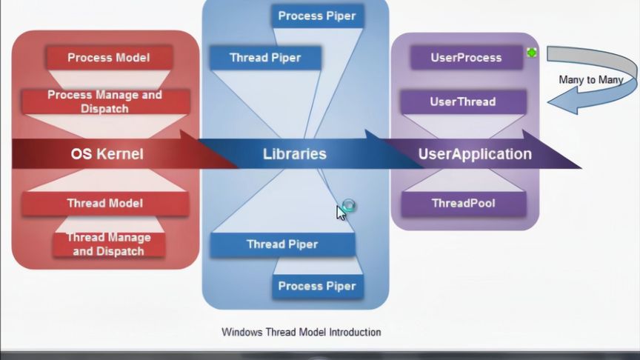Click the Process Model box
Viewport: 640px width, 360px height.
(x=109, y=57)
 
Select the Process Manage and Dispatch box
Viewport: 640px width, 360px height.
(x=104, y=102)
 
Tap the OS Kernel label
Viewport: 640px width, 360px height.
(x=107, y=154)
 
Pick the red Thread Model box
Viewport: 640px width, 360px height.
(x=104, y=203)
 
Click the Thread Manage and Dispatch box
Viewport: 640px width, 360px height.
(x=109, y=244)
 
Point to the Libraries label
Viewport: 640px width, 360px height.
(x=295, y=154)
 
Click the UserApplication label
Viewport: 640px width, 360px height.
(x=475, y=154)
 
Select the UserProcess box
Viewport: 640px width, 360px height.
(x=466, y=57)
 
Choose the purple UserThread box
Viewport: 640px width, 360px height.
(x=463, y=101)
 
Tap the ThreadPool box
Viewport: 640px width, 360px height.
(x=463, y=203)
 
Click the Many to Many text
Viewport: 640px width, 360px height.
(x=590, y=79)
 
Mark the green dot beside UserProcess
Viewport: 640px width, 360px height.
(x=531, y=53)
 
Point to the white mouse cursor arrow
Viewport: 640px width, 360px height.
(x=341, y=213)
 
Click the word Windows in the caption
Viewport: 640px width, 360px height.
(x=242, y=332)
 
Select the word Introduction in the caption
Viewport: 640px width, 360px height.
(x=353, y=332)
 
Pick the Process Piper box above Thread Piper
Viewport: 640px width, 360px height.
(x=317, y=16)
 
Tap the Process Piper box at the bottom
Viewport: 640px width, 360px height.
(x=317, y=286)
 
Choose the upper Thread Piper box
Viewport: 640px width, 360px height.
(x=264, y=57)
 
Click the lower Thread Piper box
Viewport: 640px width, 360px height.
(x=282, y=244)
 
